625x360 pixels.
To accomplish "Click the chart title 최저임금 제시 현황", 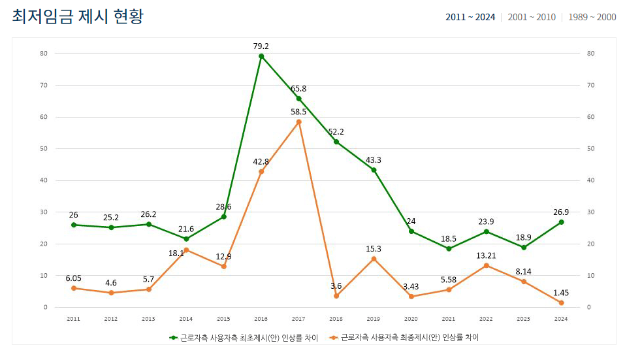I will click(x=78, y=17).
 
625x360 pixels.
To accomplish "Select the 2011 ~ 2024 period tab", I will click(x=470, y=17).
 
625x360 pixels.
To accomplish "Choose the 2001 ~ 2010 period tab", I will click(x=532, y=17).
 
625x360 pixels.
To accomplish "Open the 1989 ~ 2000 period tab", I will click(x=592, y=17).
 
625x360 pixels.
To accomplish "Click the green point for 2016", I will click(x=261, y=56).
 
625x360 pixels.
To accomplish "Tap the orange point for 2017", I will click(x=299, y=122).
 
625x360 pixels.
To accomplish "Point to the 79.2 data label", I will click(x=261, y=46).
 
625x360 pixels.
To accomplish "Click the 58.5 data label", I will click(x=299, y=112).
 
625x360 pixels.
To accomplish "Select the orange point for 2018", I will click(x=336, y=296).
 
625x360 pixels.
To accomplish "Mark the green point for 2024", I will click(x=561, y=222).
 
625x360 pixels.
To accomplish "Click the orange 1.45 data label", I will click(x=561, y=292).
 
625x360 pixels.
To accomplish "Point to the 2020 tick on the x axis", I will click(x=411, y=319).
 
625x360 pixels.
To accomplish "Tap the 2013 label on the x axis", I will click(x=148, y=319).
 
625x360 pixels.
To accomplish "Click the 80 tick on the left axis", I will click(x=43, y=53).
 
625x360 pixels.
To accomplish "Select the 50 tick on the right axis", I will click(x=591, y=148).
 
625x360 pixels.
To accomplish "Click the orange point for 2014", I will click(x=186, y=250).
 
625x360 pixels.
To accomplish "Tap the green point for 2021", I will click(x=449, y=249).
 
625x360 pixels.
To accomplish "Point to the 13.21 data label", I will click(x=486, y=255).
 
